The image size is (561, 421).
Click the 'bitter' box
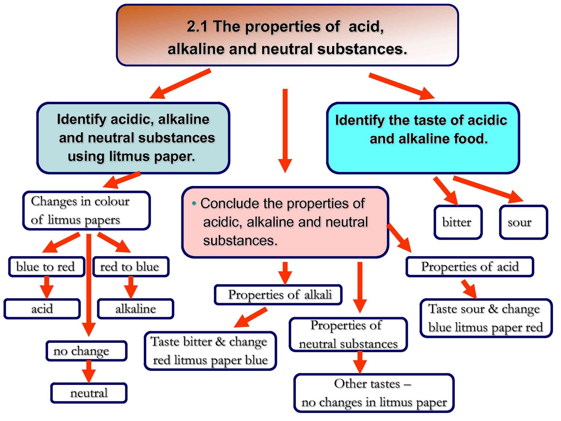458,222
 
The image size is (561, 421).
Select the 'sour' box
523,222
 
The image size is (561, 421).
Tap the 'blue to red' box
46,267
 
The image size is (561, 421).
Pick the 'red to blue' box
130,267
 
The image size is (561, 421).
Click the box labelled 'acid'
42,309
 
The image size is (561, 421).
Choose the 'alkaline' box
136,309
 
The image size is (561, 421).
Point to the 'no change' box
86,350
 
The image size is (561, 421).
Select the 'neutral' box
89,393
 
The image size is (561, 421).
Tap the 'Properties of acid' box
469,267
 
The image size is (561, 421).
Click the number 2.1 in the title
197,27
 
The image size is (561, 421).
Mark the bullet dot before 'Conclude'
194,203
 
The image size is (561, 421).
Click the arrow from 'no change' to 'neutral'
89,371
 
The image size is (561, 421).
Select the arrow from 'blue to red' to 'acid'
46,287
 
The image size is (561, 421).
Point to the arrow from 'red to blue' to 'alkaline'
131,287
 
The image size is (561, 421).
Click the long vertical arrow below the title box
285,130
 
